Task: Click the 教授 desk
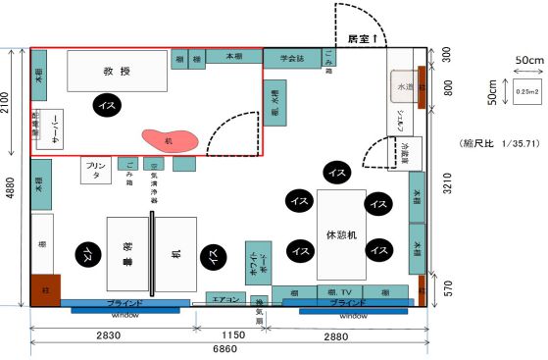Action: [116, 71]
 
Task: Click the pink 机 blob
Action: [170, 139]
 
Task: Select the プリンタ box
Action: [95, 171]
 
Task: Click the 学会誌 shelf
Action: [291, 59]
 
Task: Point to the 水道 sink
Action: [404, 87]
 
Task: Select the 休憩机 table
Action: [340, 234]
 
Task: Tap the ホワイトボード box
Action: [257, 264]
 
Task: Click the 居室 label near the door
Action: [363, 38]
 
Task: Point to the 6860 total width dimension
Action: [228, 348]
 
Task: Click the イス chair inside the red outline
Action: [105, 102]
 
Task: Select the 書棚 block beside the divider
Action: [126, 253]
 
